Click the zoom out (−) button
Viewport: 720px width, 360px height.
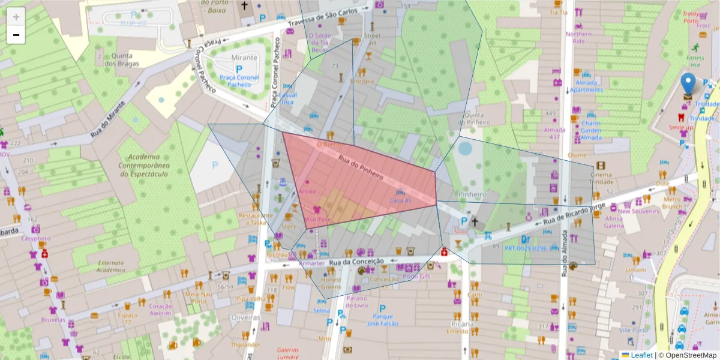[16, 35]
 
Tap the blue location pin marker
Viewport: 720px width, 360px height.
[689, 85]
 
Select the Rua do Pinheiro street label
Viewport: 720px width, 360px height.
[361, 168]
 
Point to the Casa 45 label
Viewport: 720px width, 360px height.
[400, 200]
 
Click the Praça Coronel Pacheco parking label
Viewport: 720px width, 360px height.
[239, 81]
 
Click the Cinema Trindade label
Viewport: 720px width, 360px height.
[605, 178]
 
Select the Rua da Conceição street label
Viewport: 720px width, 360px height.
[356, 261]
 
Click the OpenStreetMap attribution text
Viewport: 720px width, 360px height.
[687, 355]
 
